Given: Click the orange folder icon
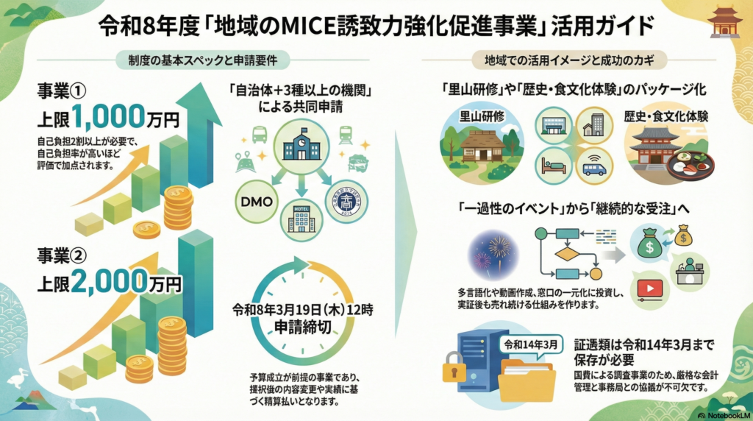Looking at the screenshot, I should point(527,377).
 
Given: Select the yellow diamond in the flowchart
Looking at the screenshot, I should point(568,255).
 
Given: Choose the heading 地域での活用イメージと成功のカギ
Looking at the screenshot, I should point(565,58).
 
